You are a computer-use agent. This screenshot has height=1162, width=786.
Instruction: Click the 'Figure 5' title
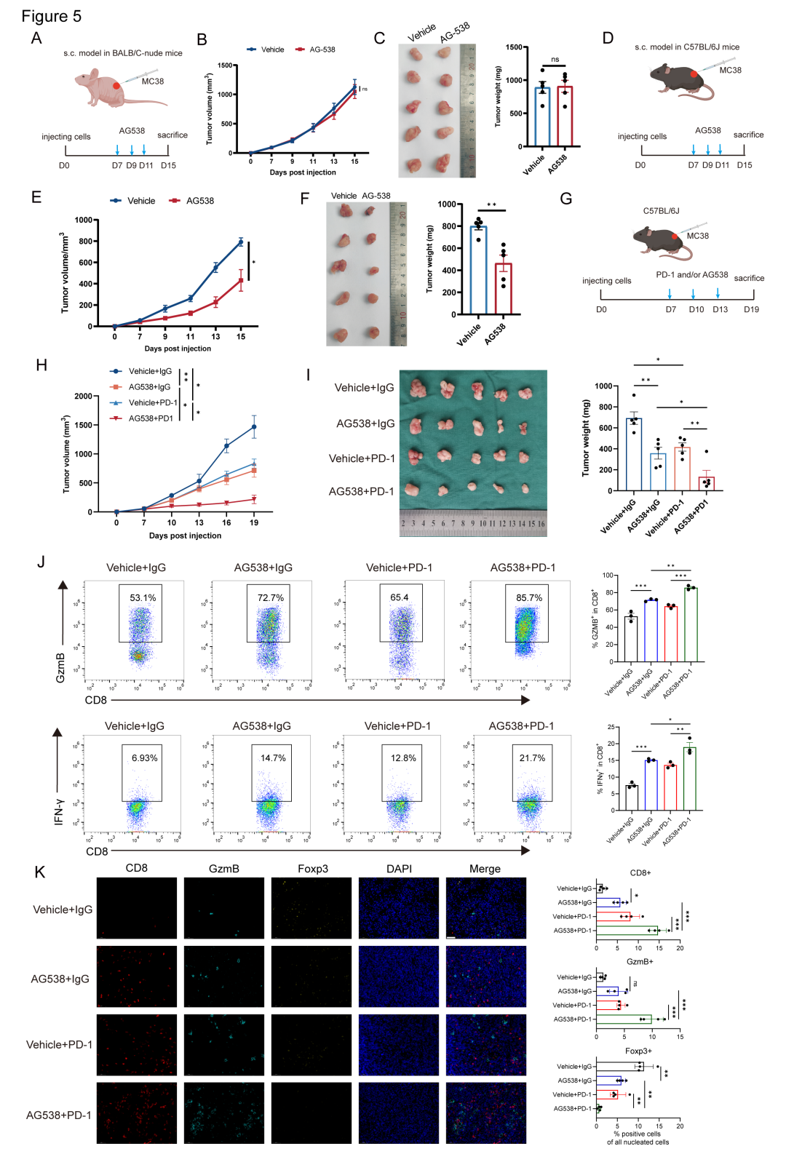point(51,16)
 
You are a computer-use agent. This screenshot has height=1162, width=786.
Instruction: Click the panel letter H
point(41,365)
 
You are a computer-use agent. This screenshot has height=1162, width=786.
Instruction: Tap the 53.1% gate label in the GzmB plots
point(143,598)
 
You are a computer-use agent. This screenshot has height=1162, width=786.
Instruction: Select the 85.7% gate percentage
point(529,598)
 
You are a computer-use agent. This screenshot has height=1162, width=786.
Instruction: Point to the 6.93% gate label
point(144,758)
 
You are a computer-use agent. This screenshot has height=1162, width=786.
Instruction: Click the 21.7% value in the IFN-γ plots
point(532,758)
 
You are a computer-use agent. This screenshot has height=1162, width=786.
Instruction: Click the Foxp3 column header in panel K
point(312,869)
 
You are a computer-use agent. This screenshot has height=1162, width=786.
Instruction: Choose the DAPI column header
point(399,869)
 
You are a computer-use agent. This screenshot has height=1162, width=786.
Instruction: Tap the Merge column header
point(485,869)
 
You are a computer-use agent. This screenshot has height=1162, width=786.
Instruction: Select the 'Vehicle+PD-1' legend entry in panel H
point(153,402)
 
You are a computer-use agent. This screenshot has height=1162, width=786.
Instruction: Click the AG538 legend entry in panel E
point(199,201)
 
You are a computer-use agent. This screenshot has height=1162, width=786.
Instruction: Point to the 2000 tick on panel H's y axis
point(83,397)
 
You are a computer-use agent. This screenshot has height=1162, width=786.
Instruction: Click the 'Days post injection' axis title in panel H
point(185,536)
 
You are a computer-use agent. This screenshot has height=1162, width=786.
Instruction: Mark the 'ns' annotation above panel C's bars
point(555,60)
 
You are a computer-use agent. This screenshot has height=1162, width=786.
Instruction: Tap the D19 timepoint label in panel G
point(751,309)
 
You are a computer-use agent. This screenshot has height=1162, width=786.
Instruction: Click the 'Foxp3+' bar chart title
point(638,1051)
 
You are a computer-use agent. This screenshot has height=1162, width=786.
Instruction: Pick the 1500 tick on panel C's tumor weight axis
point(513,48)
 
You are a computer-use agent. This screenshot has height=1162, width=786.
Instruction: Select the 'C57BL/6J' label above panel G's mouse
point(661,211)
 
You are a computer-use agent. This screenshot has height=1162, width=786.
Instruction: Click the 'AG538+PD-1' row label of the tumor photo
point(361,492)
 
